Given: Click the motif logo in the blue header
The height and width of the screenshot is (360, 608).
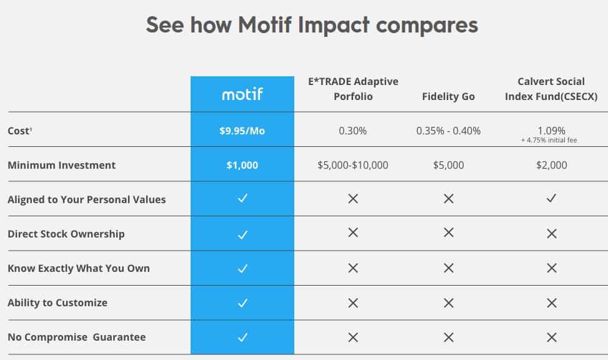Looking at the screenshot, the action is (x=242, y=94).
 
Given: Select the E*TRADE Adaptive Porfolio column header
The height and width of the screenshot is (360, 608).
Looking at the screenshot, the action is (x=353, y=89).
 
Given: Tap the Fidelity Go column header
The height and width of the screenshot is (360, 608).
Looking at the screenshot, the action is (x=448, y=97).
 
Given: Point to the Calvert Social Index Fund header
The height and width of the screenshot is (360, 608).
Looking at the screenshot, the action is (x=551, y=89).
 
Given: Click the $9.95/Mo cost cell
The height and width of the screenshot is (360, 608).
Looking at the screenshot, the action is (x=242, y=131).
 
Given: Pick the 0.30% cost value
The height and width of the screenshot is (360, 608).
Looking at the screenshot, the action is (x=352, y=131).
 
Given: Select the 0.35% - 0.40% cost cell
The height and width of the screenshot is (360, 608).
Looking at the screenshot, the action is (x=448, y=131).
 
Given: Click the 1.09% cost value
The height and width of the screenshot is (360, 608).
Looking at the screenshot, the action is (x=551, y=131).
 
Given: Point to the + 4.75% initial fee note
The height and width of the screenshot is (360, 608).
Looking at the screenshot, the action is (x=549, y=140).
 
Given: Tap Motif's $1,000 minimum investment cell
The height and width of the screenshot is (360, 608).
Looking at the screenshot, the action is (x=242, y=165).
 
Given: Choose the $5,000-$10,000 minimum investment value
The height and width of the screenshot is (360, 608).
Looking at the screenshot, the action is (x=353, y=165).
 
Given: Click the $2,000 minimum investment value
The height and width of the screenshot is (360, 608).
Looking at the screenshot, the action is (x=551, y=165).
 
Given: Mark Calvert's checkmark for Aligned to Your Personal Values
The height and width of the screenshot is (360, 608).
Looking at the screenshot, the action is (x=551, y=198).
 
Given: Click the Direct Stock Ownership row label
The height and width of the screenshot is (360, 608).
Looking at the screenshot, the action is (x=66, y=234).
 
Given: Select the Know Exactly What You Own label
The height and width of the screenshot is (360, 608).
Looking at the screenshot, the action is (x=79, y=269).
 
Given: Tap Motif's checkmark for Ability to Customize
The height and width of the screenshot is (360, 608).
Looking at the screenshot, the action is (x=242, y=302).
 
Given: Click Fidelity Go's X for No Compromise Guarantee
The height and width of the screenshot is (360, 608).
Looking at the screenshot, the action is (x=449, y=337).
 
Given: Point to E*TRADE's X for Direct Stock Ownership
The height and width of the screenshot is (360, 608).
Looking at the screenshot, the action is (x=353, y=232).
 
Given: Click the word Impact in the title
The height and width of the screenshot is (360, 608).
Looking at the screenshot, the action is (x=334, y=25).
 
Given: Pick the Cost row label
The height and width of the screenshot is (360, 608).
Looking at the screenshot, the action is (x=19, y=131).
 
